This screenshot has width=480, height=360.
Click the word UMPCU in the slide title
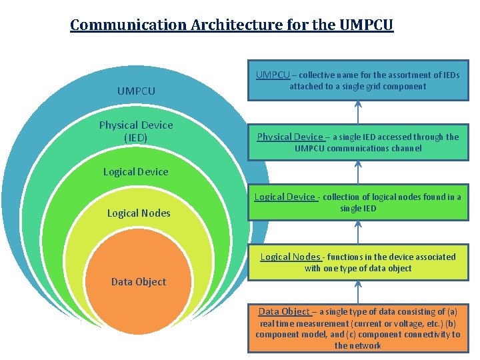[x=366, y=25]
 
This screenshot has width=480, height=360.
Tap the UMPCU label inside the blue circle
[x=136, y=91]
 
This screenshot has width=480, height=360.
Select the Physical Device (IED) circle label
[x=136, y=131]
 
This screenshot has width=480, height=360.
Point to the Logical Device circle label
[x=136, y=171]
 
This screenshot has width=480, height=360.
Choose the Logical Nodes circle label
[x=139, y=213]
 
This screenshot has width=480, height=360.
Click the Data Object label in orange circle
[x=139, y=281]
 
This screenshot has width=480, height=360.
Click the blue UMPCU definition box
[x=358, y=81]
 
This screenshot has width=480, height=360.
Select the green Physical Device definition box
[x=358, y=142]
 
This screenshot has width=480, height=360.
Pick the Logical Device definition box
[x=358, y=203]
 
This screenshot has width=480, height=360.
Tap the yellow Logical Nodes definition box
[x=358, y=262]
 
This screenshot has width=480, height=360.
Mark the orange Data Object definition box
[x=358, y=328]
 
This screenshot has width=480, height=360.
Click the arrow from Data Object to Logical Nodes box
[x=359, y=291]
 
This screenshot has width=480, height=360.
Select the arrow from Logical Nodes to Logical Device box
[x=359, y=233]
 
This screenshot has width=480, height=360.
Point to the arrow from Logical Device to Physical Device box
[x=359, y=172]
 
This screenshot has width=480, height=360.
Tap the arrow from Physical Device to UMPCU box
[x=359, y=111]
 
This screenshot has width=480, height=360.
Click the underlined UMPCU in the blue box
[x=273, y=75]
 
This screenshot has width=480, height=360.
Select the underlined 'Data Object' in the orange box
[x=284, y=311]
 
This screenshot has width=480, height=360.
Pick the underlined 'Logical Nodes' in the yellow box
[x=290, y=257]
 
